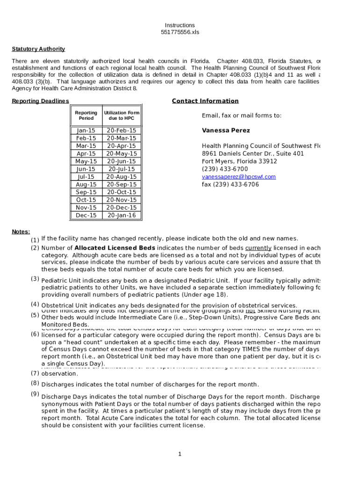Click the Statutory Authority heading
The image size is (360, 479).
coord(38,49)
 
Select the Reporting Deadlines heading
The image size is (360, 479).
coord(40,101)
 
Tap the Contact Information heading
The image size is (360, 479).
coord(205,101)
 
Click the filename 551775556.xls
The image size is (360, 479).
coord(180,33)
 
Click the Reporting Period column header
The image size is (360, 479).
coord(86,116)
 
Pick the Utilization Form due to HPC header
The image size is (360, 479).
coord(122,116)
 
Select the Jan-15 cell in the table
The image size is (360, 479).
coord(86,131)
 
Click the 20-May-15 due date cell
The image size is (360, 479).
coord(122,153)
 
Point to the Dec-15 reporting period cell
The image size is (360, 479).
coord(86,215)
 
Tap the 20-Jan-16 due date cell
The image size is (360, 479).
coord(122,215)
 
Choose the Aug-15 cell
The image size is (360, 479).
coord(86,184)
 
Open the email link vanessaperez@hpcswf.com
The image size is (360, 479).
coord(238,177)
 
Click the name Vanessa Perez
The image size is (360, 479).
coord(226,131)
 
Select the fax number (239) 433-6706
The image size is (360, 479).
coord(230,184)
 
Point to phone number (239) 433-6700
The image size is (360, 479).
coord(225,169)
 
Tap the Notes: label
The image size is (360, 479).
coord(21,232)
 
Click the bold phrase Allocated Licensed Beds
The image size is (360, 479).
coord(115,248)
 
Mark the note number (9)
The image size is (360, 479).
coord(35,394)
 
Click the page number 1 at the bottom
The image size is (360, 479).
coord(180,454)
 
